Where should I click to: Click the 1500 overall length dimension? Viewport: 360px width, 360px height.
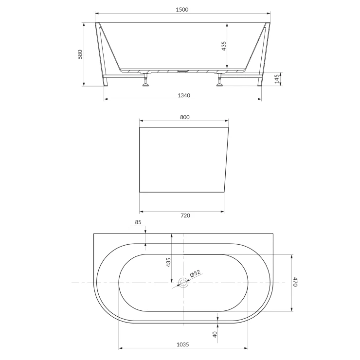[182, 10]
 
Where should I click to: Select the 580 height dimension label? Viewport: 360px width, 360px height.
[80, 54]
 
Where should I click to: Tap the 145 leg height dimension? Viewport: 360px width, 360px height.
[277, 79]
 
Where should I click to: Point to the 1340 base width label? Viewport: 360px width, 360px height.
[184, 95]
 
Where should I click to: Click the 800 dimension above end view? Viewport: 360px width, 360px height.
[184, 117]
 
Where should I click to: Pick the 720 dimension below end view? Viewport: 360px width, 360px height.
[185, 216]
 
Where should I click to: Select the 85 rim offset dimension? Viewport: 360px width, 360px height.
[138, 222]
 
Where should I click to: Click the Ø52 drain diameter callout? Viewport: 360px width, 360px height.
[195, 273]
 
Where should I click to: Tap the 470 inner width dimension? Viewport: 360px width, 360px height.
[295, 282]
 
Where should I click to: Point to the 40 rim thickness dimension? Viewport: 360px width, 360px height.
[215, 334]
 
